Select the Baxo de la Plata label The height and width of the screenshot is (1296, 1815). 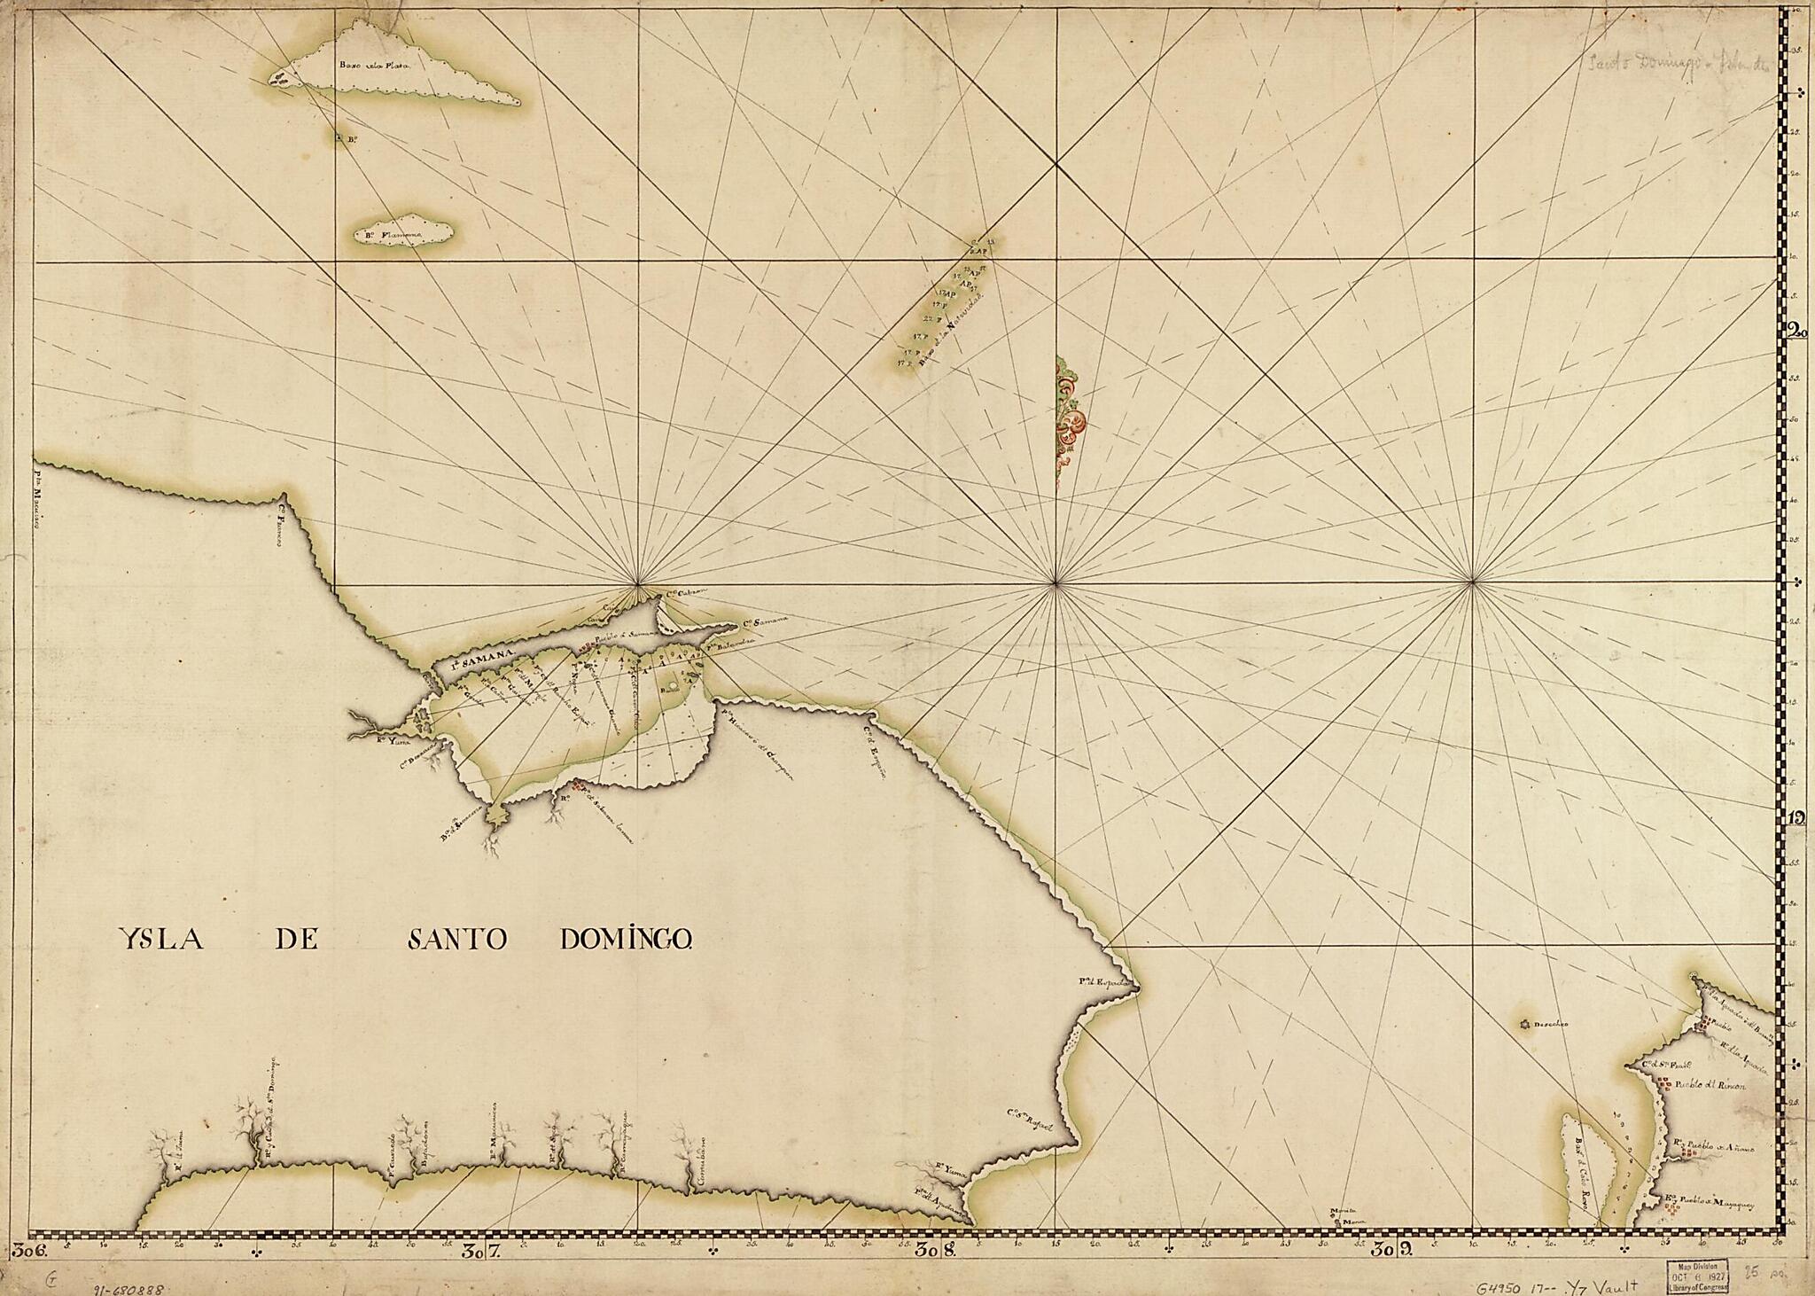[371, 65]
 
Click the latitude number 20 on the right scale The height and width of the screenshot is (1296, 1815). [1789, 332]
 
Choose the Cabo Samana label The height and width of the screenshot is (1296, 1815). [766, 623]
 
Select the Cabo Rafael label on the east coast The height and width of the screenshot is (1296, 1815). [1033, 1120]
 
